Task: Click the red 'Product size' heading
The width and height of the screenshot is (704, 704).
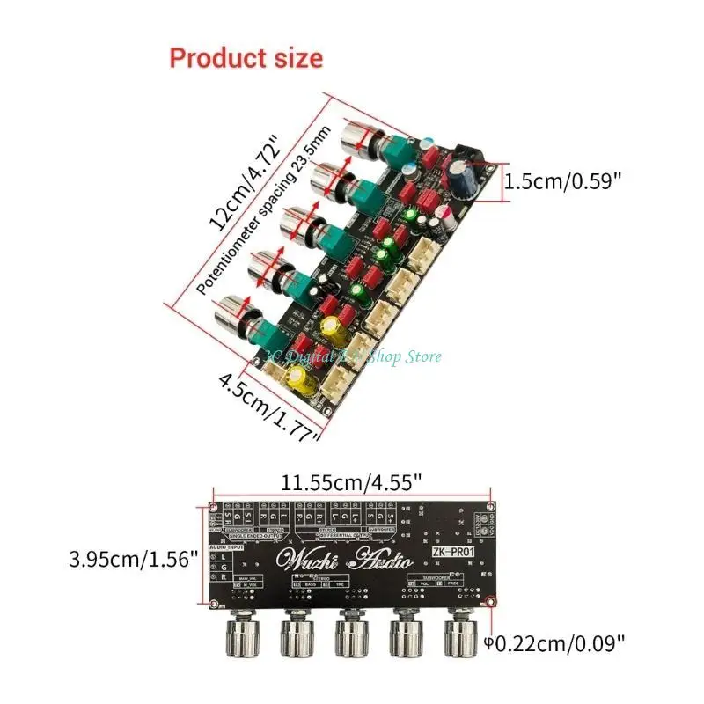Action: pyautogui.click(x=246, y=58)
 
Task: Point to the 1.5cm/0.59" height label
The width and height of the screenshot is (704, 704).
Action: pyautogui.click(x=562, y=181)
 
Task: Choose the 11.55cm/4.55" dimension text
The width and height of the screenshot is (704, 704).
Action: pyautogui.click(x=351, y=482)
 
